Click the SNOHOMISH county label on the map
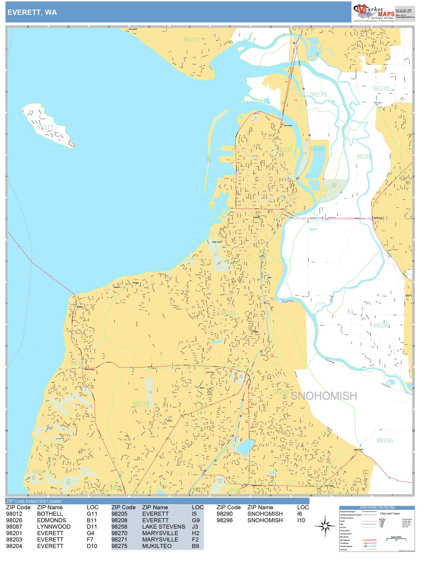point(324,396)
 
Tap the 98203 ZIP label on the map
point(227,313)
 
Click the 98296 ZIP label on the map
point(385,440)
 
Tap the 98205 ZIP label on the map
point(365,157)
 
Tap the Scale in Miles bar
point(396,538)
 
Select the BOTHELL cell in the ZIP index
point(50,514)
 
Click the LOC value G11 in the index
point(92,514)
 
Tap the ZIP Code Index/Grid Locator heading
point(34,501)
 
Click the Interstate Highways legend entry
point(346,546)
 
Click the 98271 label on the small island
point(45,127)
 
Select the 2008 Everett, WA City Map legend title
point(377,507)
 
